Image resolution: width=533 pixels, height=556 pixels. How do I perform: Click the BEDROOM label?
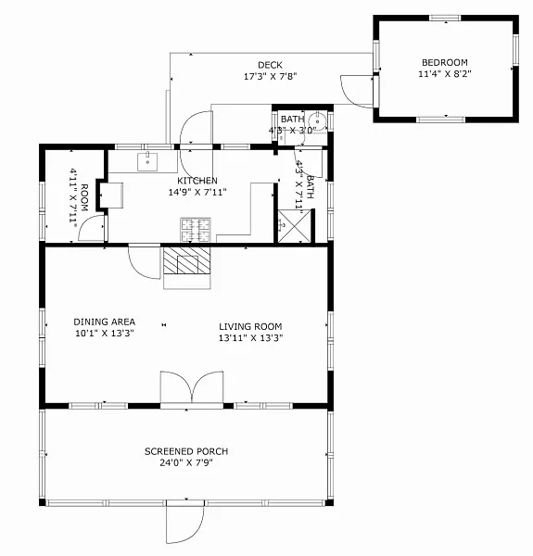pos(444,62)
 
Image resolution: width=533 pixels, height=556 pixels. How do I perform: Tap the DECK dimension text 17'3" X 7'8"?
pos(271,76)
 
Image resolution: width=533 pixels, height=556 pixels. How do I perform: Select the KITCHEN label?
pos(197,181)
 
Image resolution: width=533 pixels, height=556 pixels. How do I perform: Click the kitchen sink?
pos(147,161)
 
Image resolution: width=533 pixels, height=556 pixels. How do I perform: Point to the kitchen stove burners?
pos(196,230)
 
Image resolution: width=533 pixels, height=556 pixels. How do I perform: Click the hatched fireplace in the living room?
pos(187,260)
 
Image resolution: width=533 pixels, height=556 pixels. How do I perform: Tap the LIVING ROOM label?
pos(250,326)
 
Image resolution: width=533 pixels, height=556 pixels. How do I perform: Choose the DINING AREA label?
pos(104,322)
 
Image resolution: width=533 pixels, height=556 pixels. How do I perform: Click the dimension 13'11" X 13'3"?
pos(250,338)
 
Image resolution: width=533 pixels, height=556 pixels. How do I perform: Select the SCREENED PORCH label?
pos(186,451)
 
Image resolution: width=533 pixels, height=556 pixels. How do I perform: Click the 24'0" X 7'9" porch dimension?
pos(186,462)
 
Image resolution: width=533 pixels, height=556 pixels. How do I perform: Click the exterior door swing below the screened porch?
pos(184,522)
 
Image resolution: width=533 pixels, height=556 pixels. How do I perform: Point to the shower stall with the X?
pos(294,227)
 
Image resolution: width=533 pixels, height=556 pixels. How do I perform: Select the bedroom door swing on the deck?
pos(357,92)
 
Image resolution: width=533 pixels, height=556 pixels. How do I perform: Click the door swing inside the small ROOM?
pos(92,228)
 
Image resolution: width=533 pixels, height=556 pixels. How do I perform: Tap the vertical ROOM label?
pos(84,197)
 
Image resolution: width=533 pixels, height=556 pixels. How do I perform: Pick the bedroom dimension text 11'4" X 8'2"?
pos(445,74)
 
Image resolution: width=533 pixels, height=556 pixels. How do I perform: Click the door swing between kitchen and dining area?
pos(145,261)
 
